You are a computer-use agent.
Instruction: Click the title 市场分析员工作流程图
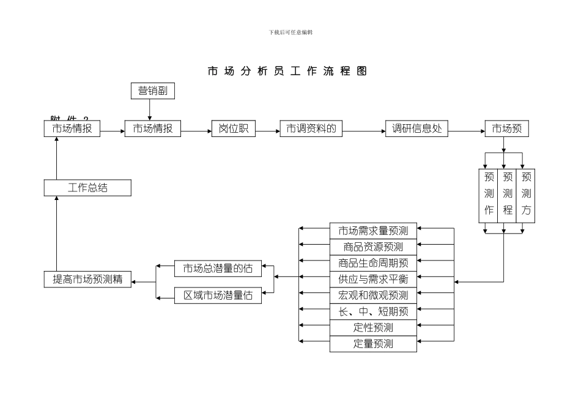coord(287,71)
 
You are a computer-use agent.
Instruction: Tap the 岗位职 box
coord(234,128)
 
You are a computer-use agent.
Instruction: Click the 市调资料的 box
coord(311,128)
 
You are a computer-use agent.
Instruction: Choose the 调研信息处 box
coord(417,128)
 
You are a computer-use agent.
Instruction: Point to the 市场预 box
coord(506,128)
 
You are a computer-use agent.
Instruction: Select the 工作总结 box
coord(87,188)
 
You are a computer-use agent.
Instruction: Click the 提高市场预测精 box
coord(87,280)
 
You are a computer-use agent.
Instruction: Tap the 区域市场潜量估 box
coord(218,295)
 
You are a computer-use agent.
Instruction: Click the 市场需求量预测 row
coord(373,231)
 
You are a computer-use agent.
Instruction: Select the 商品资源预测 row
coord(373,247)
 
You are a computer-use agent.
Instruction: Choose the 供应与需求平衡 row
coord(373,279)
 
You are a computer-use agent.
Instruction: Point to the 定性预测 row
coord(373,327)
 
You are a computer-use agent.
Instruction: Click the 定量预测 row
coord(373,344)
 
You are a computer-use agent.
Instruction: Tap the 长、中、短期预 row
coord(373,311)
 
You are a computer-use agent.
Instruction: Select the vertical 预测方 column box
coord(526,194)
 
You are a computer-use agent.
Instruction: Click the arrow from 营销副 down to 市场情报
coord(150,110)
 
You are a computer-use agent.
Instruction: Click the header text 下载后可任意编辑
coord(290,32)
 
